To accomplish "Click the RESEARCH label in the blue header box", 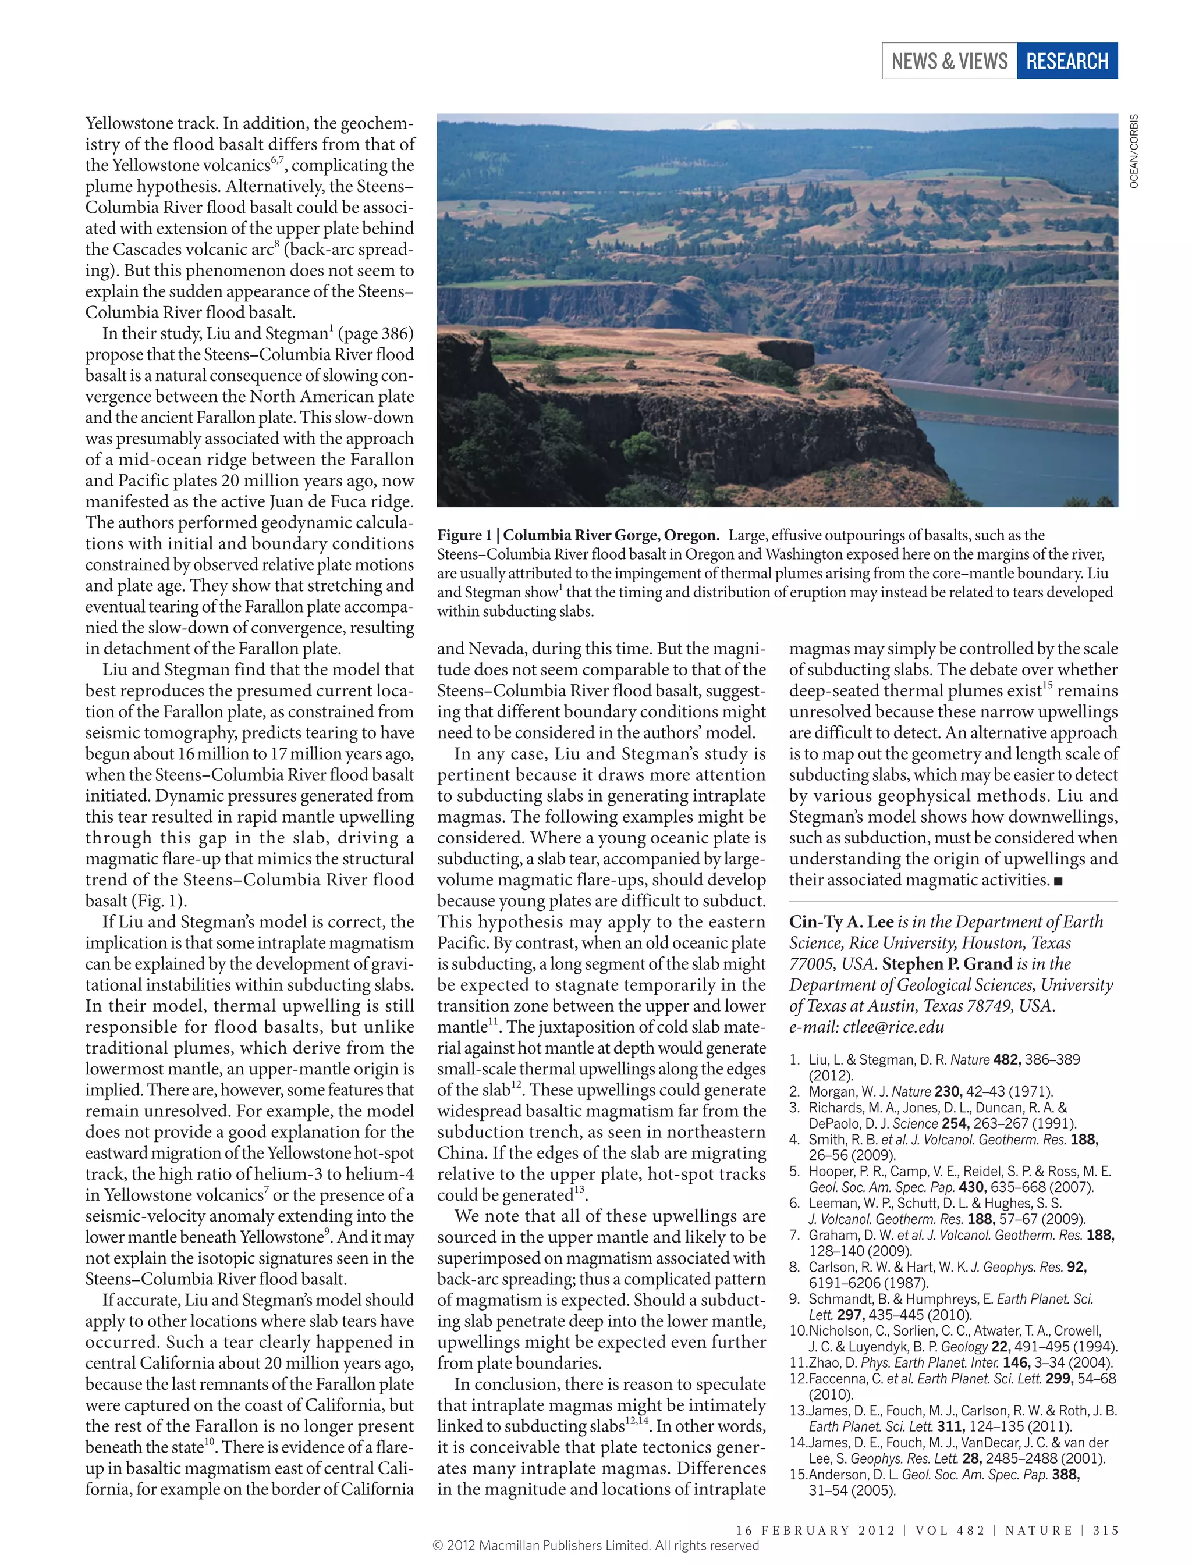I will (x=1066, y=61).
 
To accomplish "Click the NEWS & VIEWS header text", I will (x=949, y=61).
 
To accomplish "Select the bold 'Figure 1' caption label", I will (x=464, y=535).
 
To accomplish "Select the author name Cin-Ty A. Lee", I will (x=841, y=922).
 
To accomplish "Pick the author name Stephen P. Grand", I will (x=947, y=964).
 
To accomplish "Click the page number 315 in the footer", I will (x=1105, y=1530).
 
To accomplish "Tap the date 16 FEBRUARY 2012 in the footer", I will (x=815, y=1530).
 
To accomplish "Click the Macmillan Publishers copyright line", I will (x=595, y=1546).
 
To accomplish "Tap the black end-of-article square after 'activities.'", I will (x=1059, y=881).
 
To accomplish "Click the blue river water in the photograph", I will (x=1021, y=454).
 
